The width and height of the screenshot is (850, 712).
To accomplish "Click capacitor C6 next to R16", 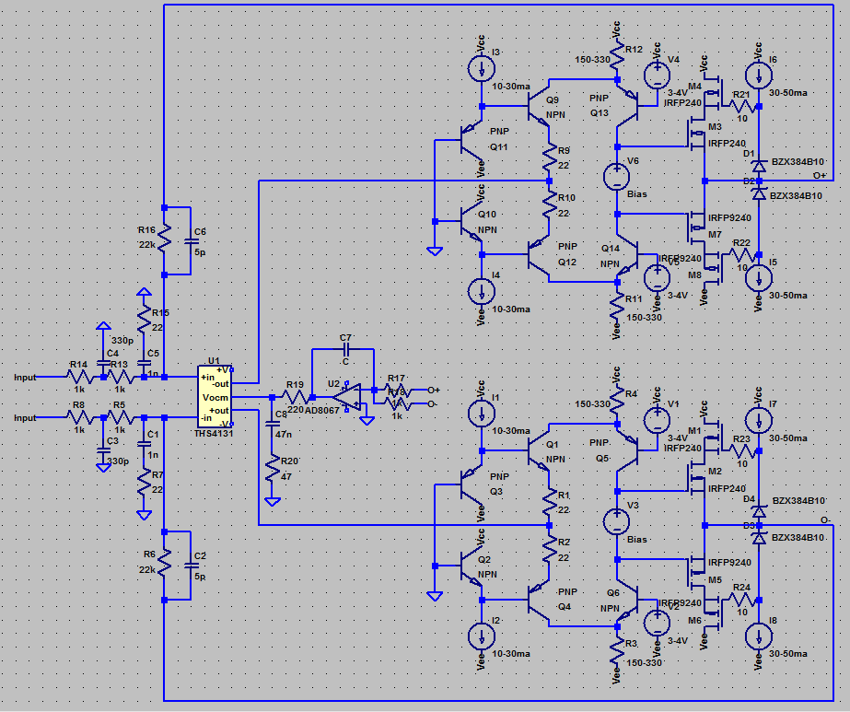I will (x=191, y=240).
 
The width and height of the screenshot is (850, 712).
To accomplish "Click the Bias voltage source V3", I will (x=615, y=523).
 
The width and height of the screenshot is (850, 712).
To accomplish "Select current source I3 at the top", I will (x=481, y=66).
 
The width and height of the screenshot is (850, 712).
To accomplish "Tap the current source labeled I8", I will (x=758, y=637).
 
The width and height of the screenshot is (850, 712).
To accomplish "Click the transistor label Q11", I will (x=498, y=146).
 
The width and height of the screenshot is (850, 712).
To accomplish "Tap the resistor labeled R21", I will (x=739, y=107).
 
